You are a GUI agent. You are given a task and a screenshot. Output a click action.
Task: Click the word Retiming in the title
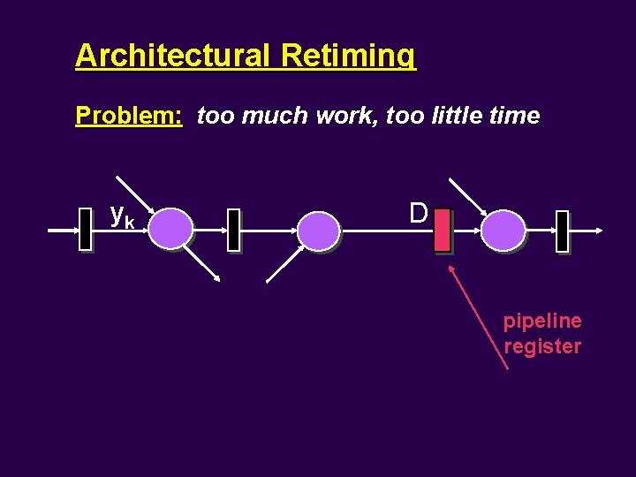click(x=348, y=56)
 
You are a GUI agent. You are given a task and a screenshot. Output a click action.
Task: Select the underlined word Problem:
click(x=129, y=116)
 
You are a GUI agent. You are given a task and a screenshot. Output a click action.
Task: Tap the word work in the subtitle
click(x=338, y=116)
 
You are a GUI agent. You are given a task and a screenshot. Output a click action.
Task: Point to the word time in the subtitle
click(x=510, y=116)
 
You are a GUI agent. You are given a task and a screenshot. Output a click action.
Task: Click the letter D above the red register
click(x=419, y=213)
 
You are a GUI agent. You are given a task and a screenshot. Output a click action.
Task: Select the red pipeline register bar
click(x=443, y=231)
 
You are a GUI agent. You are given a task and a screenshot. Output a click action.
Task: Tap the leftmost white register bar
click(x=85, y=230)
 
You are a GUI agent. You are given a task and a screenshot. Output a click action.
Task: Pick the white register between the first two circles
click(x=233, y=231)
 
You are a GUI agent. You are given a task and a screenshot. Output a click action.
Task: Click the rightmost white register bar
click(x=562, y=231)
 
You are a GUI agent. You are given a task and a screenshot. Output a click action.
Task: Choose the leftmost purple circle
click(x=170, y=230)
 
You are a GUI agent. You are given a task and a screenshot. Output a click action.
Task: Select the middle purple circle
click(x=318, y=231)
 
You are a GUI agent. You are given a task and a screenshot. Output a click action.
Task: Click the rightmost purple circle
click(x=503, y=230)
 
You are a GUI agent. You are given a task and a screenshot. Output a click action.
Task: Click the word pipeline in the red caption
click(x=542, y=321)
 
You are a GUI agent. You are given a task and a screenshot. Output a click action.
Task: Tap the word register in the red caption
click(x=542, y=345)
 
